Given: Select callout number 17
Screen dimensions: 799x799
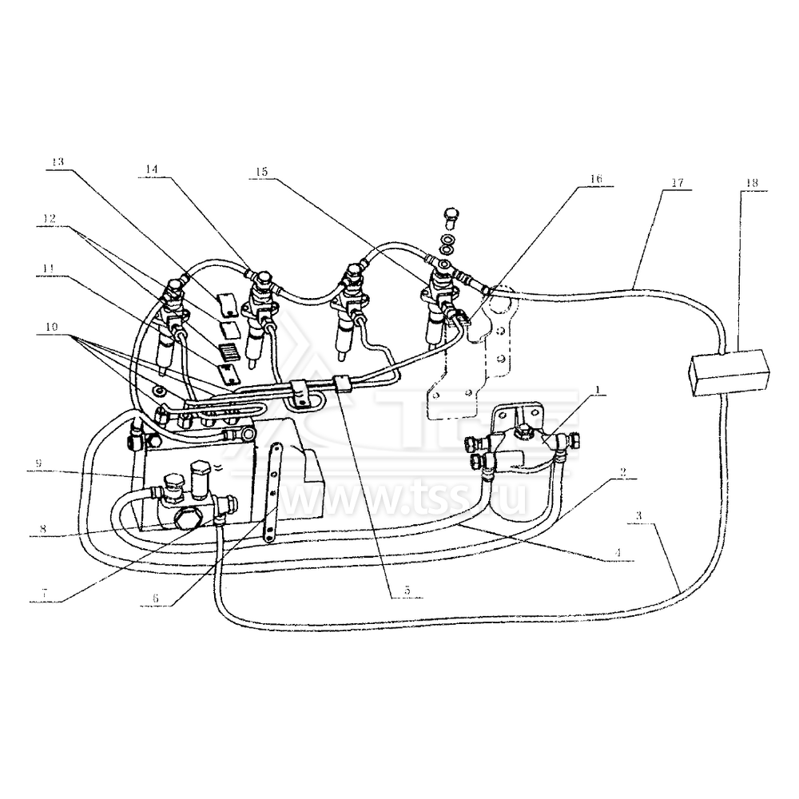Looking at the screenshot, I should point(678,183).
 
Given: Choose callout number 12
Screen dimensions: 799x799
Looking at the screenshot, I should point(50,217).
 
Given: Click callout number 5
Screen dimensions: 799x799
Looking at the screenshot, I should point(407,590).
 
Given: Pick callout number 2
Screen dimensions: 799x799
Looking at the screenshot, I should point(620,471).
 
